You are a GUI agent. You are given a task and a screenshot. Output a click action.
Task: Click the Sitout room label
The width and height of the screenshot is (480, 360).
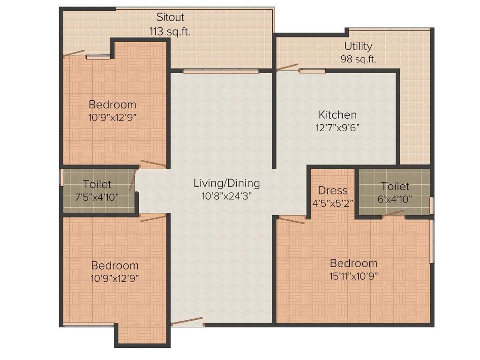(170, 18)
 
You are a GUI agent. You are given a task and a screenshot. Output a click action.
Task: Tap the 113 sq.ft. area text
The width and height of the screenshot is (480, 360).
(170, 31)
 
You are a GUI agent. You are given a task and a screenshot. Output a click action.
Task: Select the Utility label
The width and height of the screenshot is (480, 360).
(358, 46)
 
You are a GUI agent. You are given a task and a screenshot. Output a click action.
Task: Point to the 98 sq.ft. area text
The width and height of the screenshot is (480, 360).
(358, 60)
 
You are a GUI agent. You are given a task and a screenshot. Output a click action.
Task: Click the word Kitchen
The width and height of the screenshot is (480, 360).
(337, 115)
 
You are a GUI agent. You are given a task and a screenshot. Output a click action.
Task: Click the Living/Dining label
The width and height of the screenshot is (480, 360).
(226, 183)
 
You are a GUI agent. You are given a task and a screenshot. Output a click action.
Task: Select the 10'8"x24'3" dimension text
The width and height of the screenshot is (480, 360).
(226, 196)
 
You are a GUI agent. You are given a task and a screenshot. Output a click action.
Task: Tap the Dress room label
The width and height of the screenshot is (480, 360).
(333, 190)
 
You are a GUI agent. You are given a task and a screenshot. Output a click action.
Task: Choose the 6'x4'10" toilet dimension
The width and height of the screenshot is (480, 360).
(395, 199)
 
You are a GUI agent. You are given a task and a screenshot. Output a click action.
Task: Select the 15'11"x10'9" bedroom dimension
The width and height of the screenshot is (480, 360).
(353, 276)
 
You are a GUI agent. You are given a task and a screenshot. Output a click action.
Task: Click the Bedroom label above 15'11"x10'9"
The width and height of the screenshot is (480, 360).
(353, 263)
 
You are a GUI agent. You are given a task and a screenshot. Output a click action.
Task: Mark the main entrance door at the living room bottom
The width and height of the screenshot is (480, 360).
(187, 322)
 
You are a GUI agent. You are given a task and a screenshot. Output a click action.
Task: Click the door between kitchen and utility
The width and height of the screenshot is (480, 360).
(287, 67)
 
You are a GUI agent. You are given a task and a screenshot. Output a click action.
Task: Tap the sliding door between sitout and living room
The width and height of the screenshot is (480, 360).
(221, 72)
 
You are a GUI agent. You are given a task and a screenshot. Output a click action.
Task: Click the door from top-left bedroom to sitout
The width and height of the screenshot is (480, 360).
(74, 53)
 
